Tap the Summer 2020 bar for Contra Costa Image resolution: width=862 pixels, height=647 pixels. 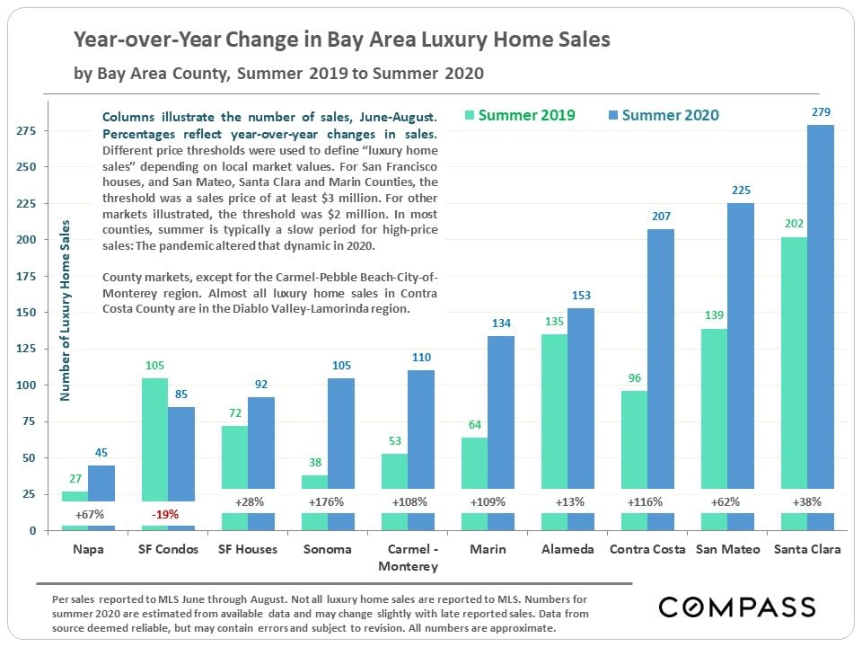660,359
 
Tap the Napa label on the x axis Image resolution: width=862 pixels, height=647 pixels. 88,549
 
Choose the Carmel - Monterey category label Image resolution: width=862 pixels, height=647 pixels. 409,557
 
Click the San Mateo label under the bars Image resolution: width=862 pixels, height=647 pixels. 727,549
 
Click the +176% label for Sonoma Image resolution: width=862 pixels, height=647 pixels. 328,502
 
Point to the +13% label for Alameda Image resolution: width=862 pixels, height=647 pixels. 568,502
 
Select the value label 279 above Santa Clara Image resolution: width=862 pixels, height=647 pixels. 821,112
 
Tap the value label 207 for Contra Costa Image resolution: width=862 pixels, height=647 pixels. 660,217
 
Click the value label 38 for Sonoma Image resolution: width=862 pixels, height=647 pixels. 314,463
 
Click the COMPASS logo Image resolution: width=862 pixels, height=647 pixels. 736,607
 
